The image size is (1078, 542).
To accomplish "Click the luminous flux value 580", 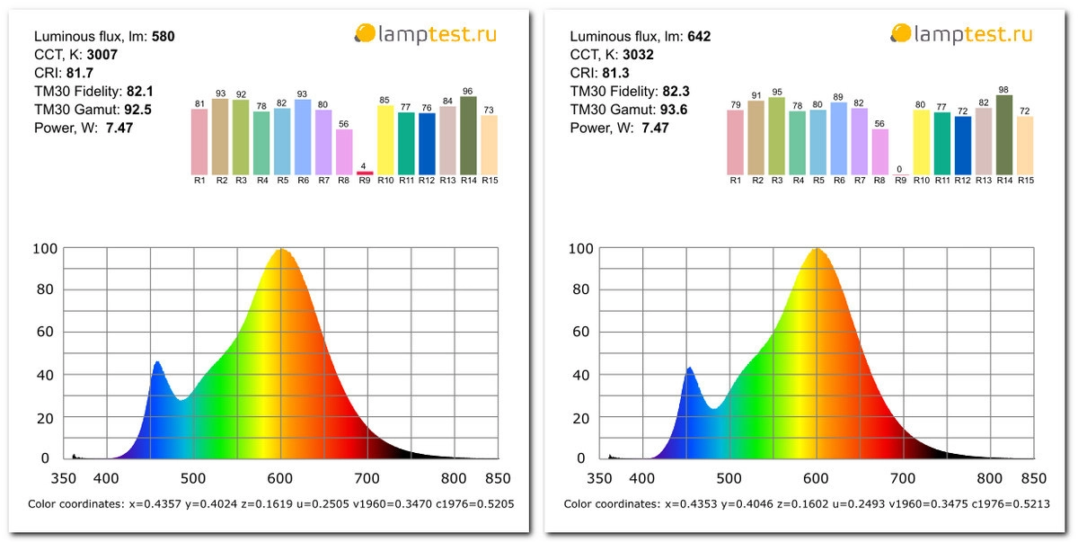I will click(x=163, y=37).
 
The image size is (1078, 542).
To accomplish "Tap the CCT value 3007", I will click(x=102, y=55).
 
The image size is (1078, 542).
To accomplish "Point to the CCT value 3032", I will click(x=639, y=55).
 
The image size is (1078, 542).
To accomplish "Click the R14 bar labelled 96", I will click(x=468, y=136).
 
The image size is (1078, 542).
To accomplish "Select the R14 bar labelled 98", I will click(x=1004, y=135).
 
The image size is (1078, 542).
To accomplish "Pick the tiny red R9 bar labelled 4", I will click(x=364, y=173).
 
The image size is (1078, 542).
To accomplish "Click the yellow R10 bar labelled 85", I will click(x=385, y=140).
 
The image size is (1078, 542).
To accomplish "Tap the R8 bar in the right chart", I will click(x=879, y=152).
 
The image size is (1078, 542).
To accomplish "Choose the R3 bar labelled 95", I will click(x=777, y=136).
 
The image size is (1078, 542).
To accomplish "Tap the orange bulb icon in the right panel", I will click(x=900, y=34).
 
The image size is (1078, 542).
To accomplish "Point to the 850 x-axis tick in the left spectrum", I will click(x=497, y=479).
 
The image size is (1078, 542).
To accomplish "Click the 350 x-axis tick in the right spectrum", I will click(x=599, y=479).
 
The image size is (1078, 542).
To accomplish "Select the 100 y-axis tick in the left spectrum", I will click(x=46, y=249).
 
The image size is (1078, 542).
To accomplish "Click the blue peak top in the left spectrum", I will click(x=157, y=362).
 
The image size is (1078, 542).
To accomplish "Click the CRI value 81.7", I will click(x=81, y=73).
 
